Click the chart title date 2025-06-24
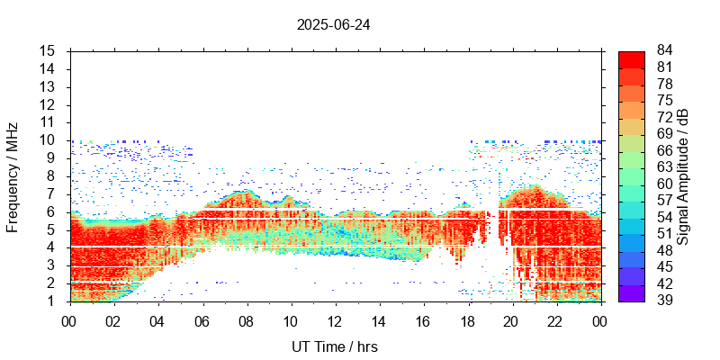tap(333, 24)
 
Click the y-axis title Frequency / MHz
tap(13, 176)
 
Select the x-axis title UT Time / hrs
tap(335, 346)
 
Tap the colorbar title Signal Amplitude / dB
tap(684, 176)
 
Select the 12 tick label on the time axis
tap(335, 320)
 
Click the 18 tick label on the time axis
tap(467, 320)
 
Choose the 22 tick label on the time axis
tap(555, 320)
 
